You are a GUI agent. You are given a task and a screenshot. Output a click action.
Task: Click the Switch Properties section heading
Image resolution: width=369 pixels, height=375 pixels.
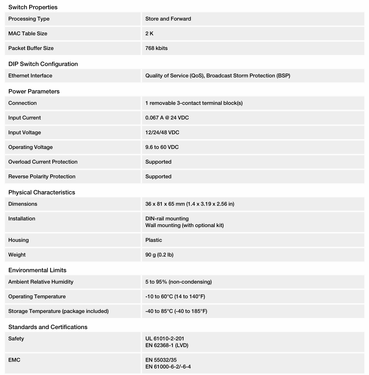(33, 7)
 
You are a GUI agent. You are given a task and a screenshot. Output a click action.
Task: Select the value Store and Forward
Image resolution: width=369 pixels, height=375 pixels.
(168, 19)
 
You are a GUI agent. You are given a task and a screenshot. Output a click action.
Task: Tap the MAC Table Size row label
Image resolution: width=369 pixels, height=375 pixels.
(28, 34)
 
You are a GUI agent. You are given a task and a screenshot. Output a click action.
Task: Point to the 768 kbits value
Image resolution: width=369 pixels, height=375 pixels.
(156, 48)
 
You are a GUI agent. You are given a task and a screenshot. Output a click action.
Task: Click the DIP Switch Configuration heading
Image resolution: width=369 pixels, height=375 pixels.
(43, 64)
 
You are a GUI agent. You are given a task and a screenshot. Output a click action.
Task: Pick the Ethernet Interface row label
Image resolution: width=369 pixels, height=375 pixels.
(30, 76)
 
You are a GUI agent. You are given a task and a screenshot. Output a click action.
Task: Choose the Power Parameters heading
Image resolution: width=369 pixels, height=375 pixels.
(34, 91)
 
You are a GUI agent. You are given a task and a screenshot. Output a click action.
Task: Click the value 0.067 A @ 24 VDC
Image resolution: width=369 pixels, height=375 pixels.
(167, 118)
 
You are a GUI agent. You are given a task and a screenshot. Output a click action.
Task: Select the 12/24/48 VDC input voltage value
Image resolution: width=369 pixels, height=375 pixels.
(162, 132)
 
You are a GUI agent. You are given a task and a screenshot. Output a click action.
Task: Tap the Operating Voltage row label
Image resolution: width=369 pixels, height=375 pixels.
(31, 147)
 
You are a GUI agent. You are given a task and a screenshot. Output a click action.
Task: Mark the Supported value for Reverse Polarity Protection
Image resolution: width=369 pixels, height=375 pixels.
(158, 176)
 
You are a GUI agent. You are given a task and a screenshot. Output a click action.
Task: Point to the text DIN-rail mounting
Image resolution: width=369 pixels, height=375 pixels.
(167, 219)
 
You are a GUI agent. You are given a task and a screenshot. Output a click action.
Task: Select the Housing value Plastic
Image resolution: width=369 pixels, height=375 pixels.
(154, 240)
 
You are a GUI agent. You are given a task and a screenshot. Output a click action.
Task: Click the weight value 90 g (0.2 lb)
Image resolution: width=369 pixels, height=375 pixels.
(159, 255)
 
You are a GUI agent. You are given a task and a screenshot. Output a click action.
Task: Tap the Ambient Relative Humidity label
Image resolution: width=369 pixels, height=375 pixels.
(41, 282)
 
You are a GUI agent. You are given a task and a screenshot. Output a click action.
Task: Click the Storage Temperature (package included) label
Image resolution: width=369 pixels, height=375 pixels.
(58, 311)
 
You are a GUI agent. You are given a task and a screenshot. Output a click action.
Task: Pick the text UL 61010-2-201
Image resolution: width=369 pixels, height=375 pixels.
(165, 339)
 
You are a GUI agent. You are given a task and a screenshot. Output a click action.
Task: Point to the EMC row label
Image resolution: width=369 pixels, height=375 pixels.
(14, 360)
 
